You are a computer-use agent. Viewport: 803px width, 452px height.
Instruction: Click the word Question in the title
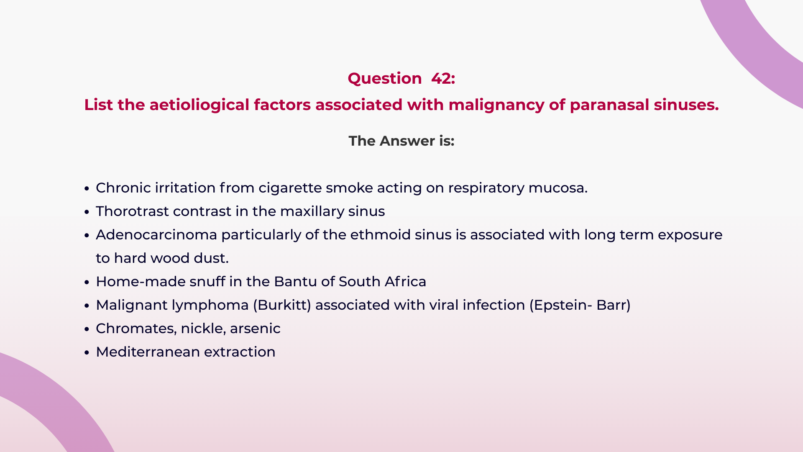coord(384,79)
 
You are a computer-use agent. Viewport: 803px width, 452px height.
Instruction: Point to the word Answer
coord(407,141)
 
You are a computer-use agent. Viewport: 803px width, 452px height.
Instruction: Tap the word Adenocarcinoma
coord(156,235)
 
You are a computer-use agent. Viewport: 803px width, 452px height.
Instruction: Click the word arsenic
coord(255,329)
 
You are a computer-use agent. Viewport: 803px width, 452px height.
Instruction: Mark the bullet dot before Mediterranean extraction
coord(87,353)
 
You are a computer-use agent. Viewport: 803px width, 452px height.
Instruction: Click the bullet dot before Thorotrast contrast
coord(87,212)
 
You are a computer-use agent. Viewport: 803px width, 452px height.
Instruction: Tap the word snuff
coord(207,282)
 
